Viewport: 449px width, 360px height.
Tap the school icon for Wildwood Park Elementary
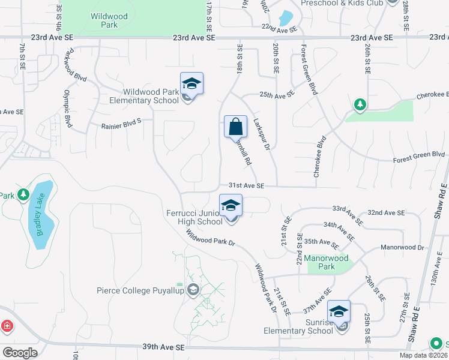click(x=191, y=84)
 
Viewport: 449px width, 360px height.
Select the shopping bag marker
click(x=236, y=127)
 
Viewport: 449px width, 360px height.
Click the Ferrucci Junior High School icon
click(x=231, y=206)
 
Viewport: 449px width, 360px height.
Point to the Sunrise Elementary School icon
click(x=339, y=312)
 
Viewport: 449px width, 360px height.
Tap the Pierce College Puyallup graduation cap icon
click(x=193, y=290)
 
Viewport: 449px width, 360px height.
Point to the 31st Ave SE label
click(x=247, y=186)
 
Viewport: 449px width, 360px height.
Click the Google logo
click(x=20, y=353)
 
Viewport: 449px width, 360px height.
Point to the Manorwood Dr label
click(x=402, y=247)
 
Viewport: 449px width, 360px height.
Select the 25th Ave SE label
click(x=277, y=94)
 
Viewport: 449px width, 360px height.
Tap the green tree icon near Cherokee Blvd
click(x=360, y=105)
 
